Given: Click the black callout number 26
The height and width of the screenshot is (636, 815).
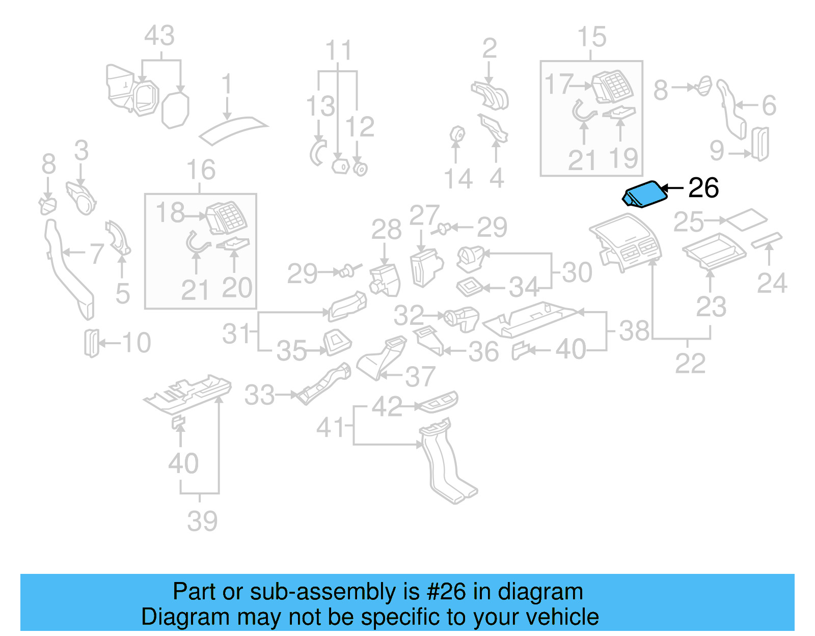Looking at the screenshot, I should tap(703, 188).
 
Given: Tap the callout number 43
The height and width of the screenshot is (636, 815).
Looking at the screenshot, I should tap(159, 36).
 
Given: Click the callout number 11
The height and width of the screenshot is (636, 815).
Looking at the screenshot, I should tap(338, 51).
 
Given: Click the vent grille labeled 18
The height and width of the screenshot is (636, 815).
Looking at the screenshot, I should tap(226, 218).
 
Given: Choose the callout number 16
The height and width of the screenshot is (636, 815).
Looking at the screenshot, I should tap(201, 170).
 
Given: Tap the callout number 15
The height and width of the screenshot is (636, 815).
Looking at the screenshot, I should tap(591, 37).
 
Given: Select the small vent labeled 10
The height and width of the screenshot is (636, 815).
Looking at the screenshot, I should tap(91, 343).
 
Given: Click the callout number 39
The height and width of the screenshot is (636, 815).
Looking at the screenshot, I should tap(202, 521).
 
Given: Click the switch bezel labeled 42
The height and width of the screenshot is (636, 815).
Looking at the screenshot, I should tap(437, 402).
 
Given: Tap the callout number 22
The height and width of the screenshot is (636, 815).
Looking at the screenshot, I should tap(690, 363).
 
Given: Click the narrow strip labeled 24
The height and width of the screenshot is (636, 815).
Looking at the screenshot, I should tap(766, 239).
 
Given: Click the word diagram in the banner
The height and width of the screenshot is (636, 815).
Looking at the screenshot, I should tap(540, 592).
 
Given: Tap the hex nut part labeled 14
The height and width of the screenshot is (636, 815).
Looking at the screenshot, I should tap(457, 134).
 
